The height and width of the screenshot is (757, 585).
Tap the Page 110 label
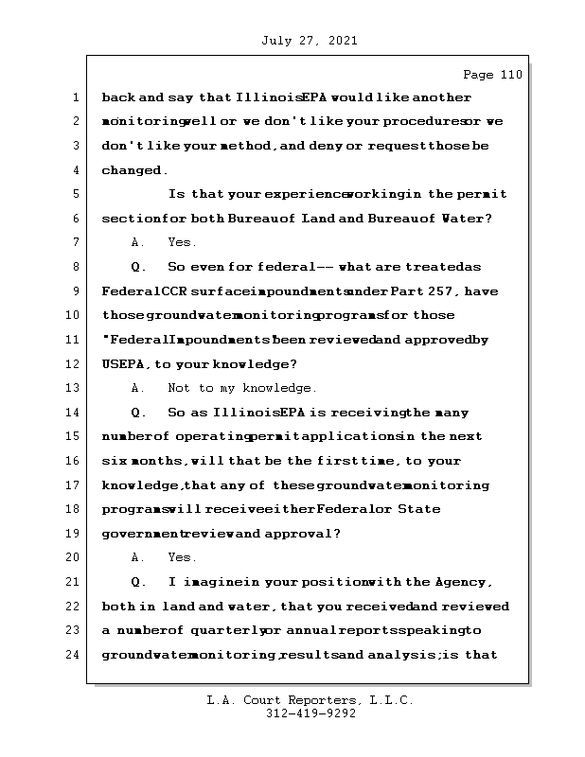492,75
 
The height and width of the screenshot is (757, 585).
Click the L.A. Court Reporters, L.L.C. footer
310,700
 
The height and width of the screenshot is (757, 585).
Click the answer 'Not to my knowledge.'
241,388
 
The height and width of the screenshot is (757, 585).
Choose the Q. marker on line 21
138,581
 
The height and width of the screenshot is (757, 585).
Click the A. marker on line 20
138,557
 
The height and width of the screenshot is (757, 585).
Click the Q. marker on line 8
138,267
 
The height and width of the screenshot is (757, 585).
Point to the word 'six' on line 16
114,461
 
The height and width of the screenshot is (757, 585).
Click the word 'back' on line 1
118,97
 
